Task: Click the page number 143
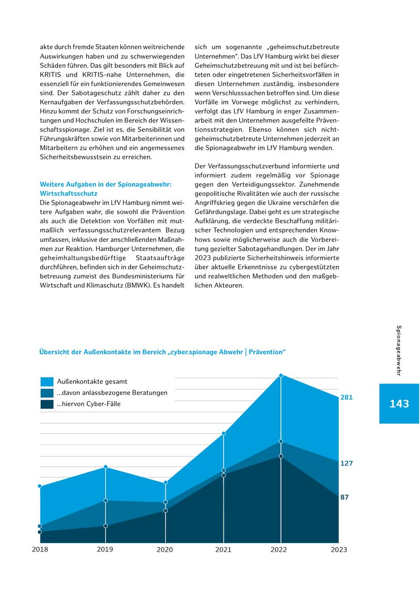pos(399,404)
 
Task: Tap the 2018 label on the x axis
pos(40,549)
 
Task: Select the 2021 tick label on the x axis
pos(224,550)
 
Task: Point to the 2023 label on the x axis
pos(339,550)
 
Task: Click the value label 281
pos(346,397)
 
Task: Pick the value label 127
pos(346,463)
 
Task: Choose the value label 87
pos(344,497)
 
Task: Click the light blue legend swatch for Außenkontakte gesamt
pos(47,382)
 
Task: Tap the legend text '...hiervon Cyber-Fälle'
pos(89,404)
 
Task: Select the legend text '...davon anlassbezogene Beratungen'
pos(112,393)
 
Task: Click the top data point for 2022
pos(281,375)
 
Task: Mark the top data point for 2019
pos(105,467)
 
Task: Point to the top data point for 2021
pos(224,433)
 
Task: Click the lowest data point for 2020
pos(165,510)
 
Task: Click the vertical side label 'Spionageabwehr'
pos(399,350)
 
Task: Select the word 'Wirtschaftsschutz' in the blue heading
pos(69,193)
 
